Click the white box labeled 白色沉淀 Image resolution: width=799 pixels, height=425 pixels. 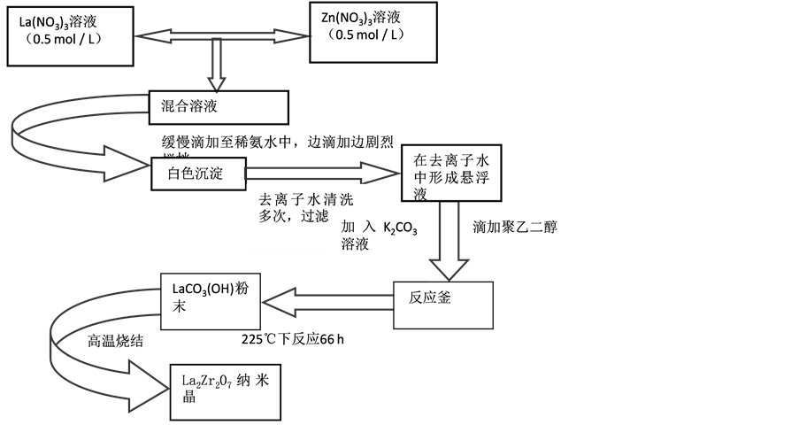[196, 174]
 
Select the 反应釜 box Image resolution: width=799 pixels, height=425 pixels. [433, 298]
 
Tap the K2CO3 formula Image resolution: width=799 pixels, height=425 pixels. [400, 228]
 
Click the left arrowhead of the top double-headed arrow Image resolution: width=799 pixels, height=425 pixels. [147, 36]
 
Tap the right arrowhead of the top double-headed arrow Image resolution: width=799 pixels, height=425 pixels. [300, 36]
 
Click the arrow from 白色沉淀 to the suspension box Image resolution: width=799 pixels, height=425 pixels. [319, 174]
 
